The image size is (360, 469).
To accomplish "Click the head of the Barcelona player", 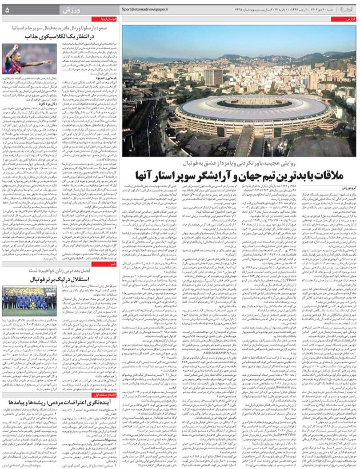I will click(x=16, y=50).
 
